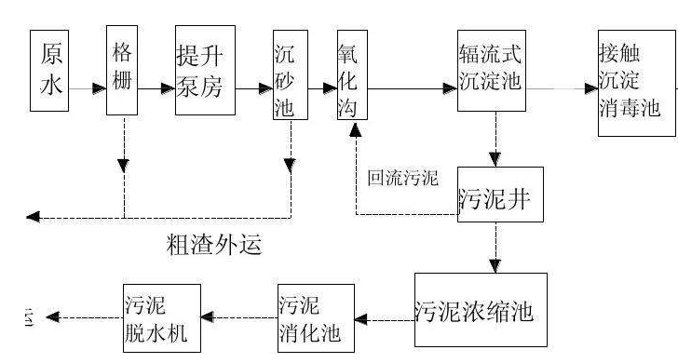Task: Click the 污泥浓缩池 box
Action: pos(476,308)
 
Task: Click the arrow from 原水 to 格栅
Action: pos(89,89)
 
